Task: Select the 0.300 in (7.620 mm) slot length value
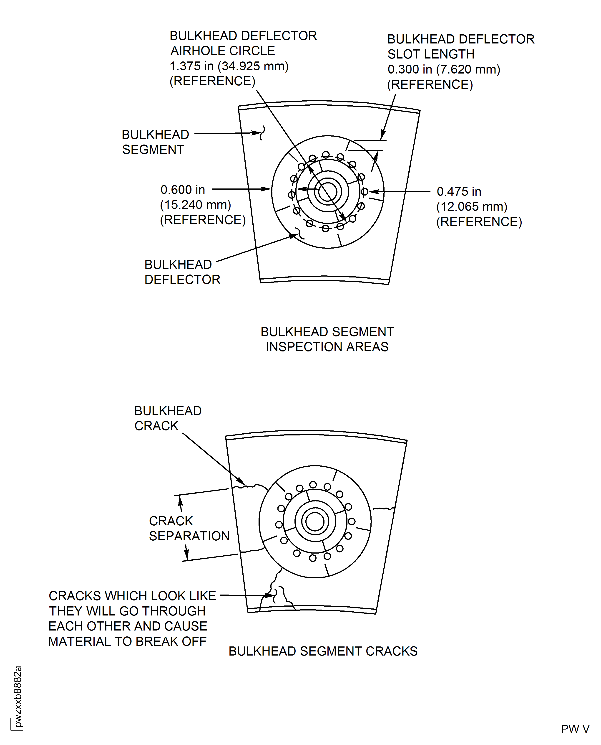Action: click(x=443, y=69)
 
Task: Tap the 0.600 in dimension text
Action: click(x=182, y=190)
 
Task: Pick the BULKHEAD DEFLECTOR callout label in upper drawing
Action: click(x=182, y=272)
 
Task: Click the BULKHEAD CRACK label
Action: click(x=168, y=418)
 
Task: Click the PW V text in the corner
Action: click(x=575, y=729)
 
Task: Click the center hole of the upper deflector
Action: click(x=327, y=192)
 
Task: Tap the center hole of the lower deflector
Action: click(x=315, y=521)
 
